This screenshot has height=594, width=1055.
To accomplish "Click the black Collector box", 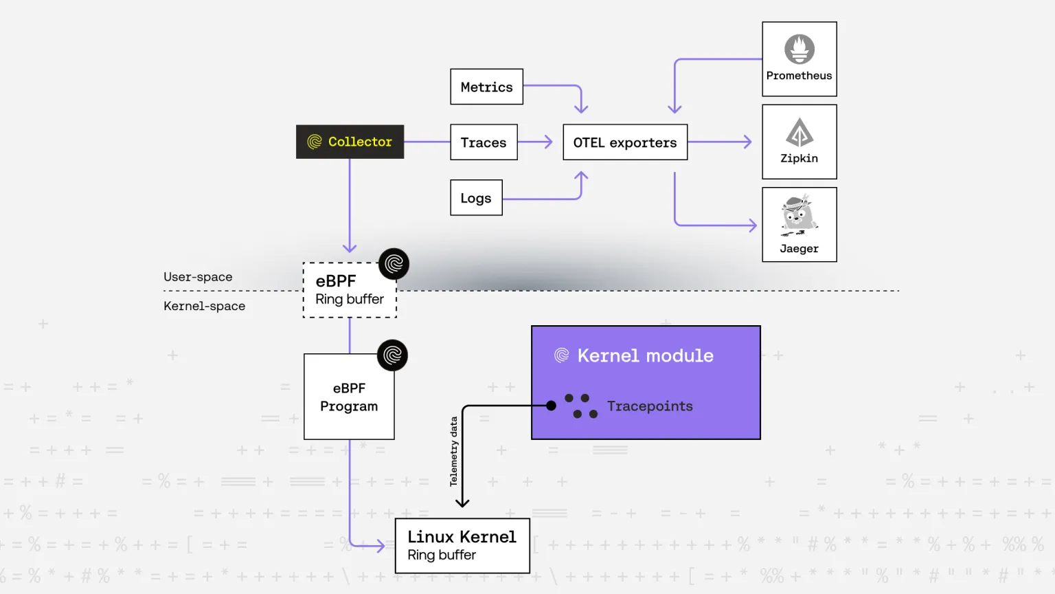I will click(x=350, y=142).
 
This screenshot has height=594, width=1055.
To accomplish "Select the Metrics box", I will click(x=486, y=87).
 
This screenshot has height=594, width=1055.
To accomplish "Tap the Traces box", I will click(x=484, y=142).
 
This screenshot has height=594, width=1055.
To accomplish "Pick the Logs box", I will click(x=476, y=198).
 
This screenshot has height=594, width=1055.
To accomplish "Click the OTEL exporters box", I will click(x=625, y=142).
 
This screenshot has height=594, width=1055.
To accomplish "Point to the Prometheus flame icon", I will click(x=799, y=49).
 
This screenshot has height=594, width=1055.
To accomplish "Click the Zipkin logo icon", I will click(x=799, y=132).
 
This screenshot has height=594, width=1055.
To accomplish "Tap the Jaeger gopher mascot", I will click(x=798, y=215).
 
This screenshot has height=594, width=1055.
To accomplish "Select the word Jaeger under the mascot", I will click(x=799, y=249).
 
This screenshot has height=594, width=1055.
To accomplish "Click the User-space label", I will click(x=198, y=277).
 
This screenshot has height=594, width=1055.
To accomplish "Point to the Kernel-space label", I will click(x=204, y=306).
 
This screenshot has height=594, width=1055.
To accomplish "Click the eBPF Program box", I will click(x=349, y=397).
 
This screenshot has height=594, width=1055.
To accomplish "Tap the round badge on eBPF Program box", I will click(x=392, y=355).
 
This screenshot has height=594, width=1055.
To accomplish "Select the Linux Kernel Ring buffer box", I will click(x=462, y=545).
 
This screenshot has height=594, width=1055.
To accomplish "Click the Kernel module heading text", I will click(x=645, y=355).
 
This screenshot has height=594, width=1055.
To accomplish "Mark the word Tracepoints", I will click(x=650, y=406).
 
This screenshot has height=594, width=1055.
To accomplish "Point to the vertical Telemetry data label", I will click(x=453, y=452).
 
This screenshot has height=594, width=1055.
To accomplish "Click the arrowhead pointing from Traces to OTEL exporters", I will click(x=548, y=142).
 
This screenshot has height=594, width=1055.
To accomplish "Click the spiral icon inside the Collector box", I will click(x=315, y=142).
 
